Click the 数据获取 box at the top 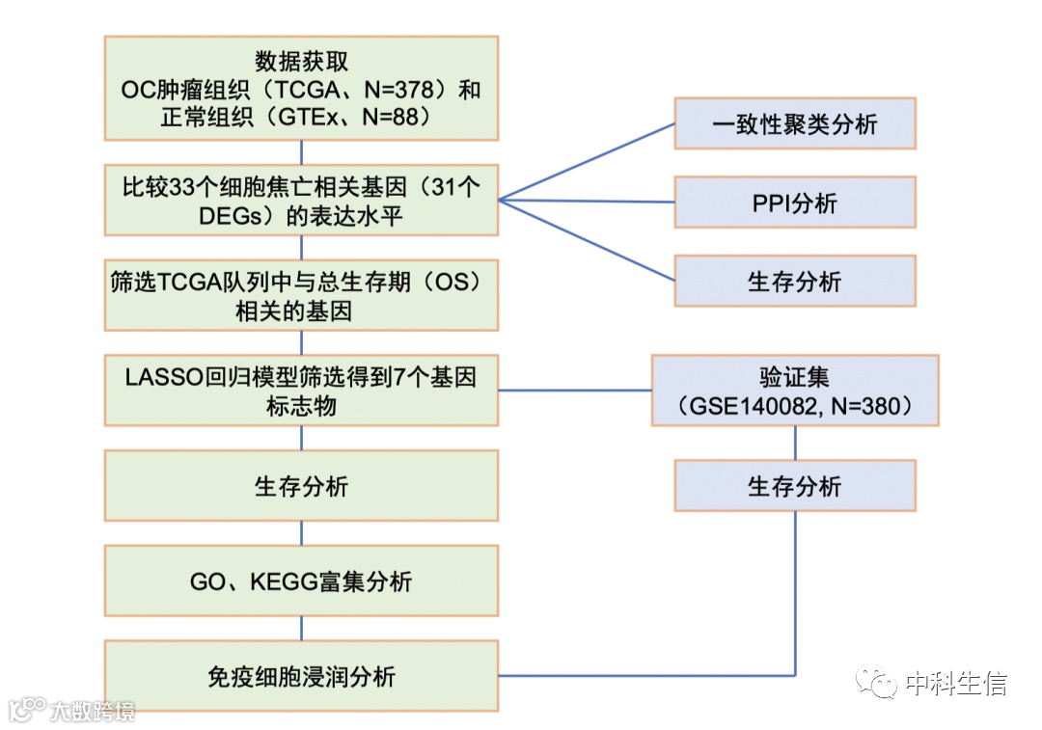[x=301, y=89]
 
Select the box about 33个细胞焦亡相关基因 [x=301, y=201]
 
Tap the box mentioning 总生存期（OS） [x=301, y=295]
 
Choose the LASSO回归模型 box [x=301, y=390]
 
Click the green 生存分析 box [x=301, y=486]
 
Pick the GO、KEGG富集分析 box [x=301, y=581]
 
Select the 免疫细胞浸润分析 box [x=301, y=676]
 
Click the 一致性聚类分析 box [x=794, y=123]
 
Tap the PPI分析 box [x=794, y=203]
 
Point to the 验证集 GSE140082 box [x=794, y=390]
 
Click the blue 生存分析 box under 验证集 [x=794, y=486]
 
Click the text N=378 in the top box [x=397, y=90]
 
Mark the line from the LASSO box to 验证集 [x=575, y=391]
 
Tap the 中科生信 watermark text [x=955, y=685]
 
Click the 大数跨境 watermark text [x=93, y=712]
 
